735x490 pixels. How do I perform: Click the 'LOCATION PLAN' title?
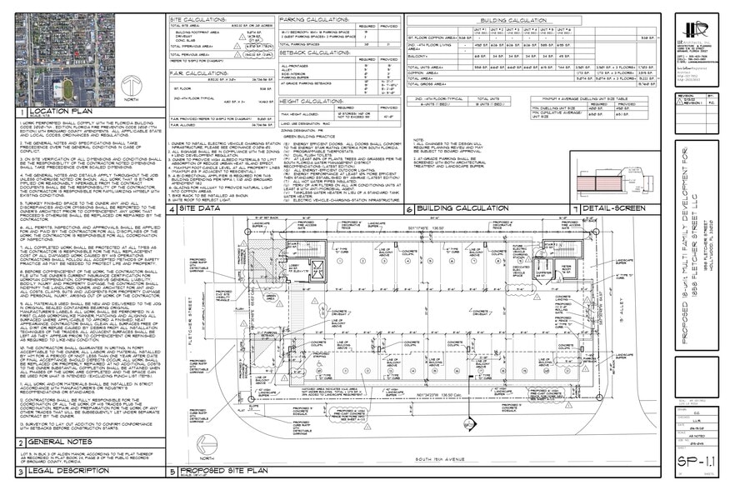click(62, 112)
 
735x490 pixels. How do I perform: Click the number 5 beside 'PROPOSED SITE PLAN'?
click(172, 472)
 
